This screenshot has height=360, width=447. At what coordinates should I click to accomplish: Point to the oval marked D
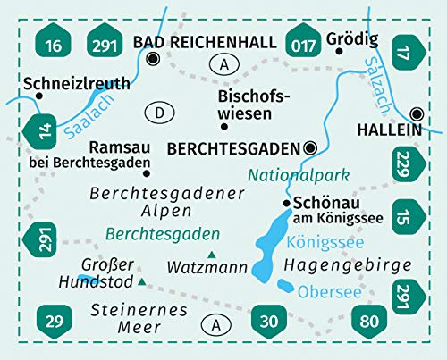158,113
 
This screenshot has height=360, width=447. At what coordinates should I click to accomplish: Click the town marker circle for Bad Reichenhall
152,60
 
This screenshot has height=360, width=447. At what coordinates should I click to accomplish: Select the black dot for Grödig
340,50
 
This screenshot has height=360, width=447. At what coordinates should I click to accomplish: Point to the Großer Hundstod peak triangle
142,282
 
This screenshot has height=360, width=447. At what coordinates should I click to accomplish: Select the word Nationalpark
299,175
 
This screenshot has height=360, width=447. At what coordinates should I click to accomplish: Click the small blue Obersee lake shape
285,286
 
